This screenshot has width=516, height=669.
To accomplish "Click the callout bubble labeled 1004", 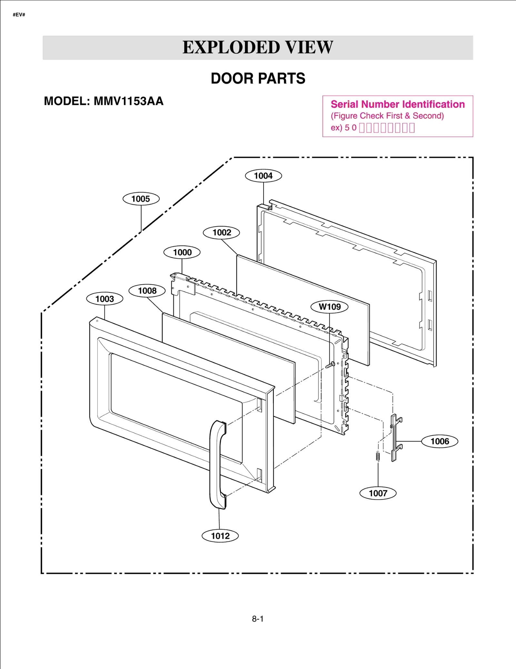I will point(263,176).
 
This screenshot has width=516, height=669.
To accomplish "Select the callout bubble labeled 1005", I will point(141,199).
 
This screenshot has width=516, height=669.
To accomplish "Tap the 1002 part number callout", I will point(222,233).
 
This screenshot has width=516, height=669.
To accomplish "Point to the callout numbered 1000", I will point(182,252).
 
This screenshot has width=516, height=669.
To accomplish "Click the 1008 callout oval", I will point(147,291).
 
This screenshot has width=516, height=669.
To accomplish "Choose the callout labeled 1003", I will point(104,299).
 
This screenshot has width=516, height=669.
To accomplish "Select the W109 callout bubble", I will point(329,307).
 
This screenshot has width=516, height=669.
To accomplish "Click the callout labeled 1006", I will point(440,441).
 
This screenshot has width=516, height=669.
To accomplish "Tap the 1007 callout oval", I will point(378,493).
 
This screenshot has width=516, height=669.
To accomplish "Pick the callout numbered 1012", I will point(220,536).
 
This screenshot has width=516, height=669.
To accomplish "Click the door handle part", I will point(217,465).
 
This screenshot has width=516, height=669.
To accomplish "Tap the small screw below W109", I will point(330,365).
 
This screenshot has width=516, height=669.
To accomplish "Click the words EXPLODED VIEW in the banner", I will point(258,47).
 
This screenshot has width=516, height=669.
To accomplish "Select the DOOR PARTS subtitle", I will point(258,78).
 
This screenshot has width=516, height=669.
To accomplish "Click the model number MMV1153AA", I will point(128,101).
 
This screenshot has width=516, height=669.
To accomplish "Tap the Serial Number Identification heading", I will point(397,104).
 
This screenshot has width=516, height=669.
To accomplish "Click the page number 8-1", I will point(258,619).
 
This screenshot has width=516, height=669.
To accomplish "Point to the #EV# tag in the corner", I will point(19,15).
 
